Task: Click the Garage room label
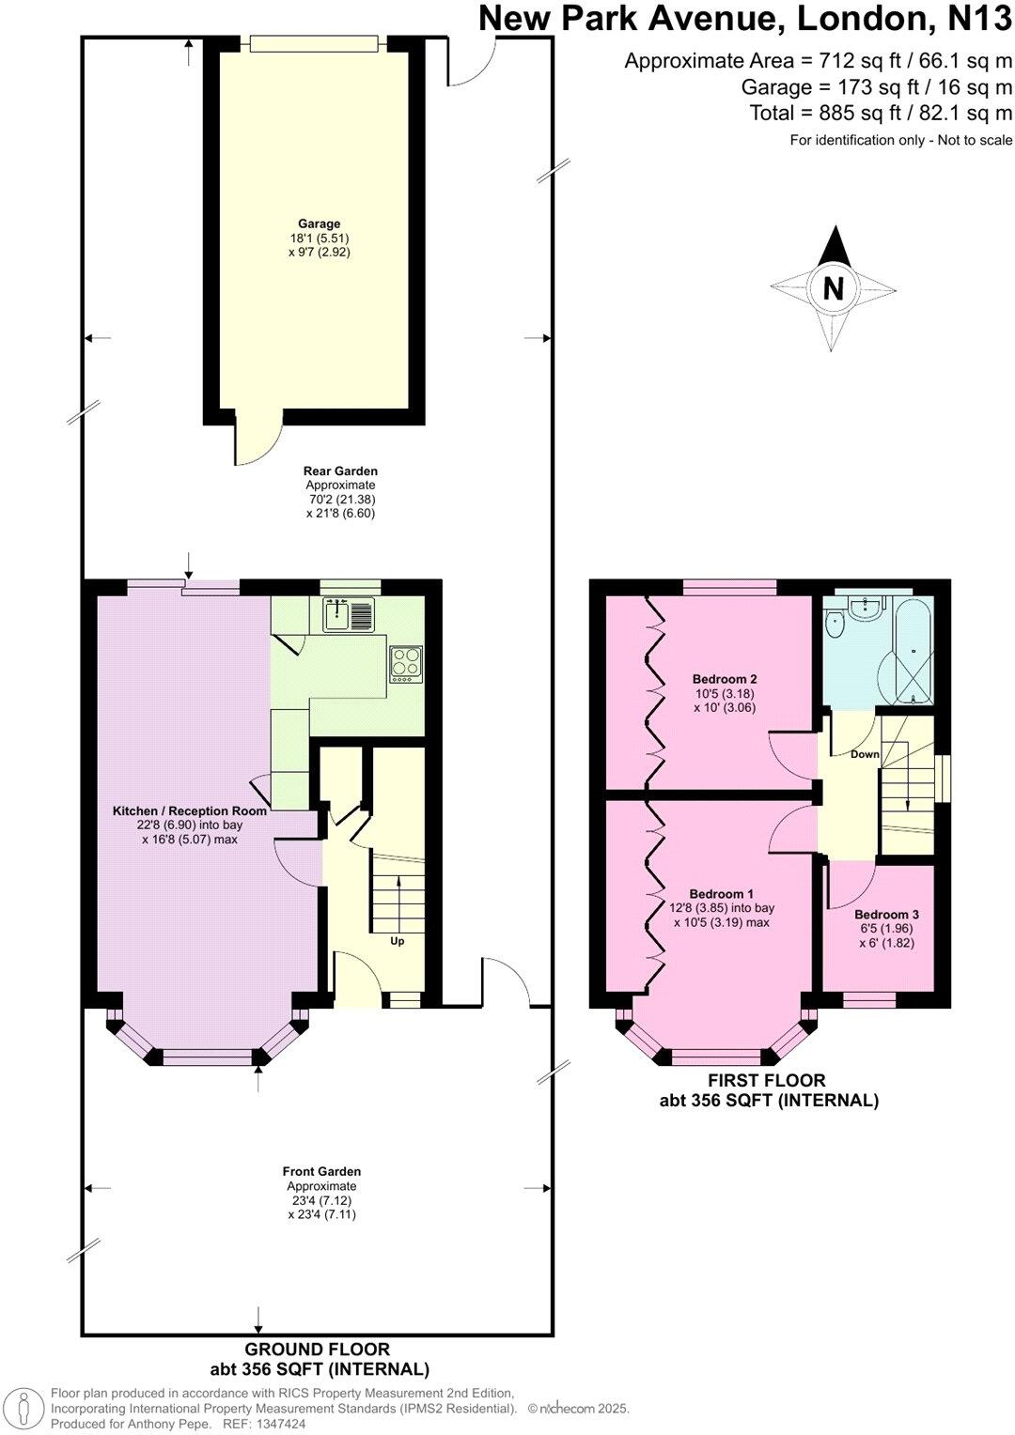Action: [319, 224]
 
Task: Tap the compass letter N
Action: [833, 288]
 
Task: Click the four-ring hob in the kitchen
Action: [406, 663]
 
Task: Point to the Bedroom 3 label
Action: [886, 914]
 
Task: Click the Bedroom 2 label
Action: [725, 679]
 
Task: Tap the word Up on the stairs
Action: [397, 940]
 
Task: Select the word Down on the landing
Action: [865, 754]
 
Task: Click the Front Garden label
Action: [321, 1171]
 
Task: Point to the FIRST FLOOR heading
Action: [767, 1081]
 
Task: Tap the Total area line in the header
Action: [881, 114]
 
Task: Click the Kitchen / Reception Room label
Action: [190, 810]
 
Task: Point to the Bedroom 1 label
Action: [721, 894]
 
